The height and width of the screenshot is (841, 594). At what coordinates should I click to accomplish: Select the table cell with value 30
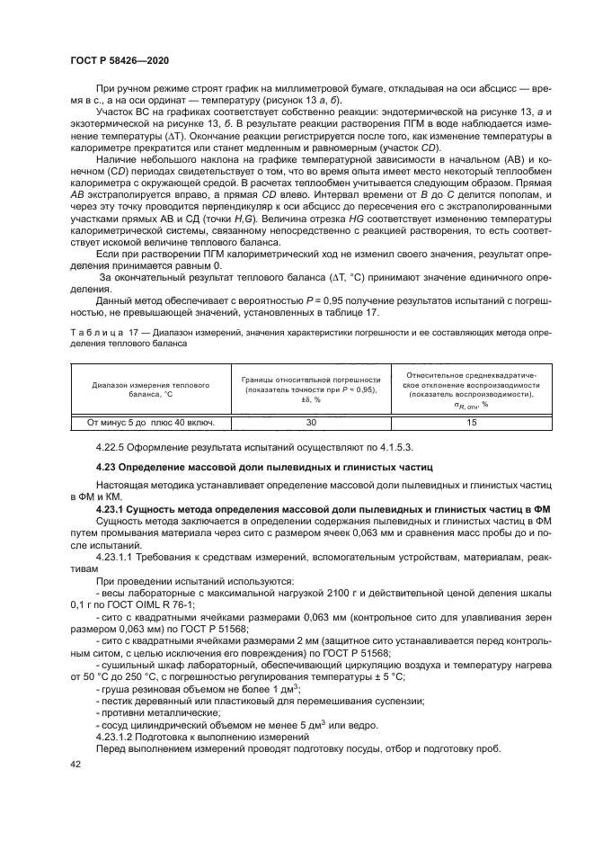click(x=311, y=421)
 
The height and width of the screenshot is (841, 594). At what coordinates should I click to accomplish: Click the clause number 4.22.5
click(x=113, y=447)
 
